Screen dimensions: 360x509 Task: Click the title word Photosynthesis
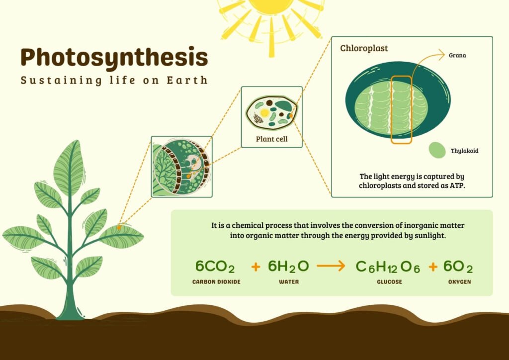(114, 58)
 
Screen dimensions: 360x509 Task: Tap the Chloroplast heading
(364, 49)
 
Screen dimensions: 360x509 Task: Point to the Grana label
(457, 55)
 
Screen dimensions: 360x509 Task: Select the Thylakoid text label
(464, 151)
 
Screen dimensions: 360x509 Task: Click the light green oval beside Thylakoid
(437, 150)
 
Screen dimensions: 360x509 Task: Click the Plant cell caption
(271, 139)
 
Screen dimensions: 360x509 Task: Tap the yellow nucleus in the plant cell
(265, 113)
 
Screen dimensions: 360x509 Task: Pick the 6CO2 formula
(215, 267)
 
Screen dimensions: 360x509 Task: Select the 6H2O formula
(288, 267)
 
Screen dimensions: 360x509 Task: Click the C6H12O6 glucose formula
(388, 267)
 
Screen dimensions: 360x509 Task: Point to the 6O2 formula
(458, 267)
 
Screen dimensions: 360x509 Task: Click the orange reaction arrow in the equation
(331, 267)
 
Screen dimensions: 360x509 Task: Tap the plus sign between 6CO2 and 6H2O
(255, 267)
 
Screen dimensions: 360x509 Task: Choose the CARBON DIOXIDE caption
(216, 282)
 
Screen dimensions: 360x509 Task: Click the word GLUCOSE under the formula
(389, 282)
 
